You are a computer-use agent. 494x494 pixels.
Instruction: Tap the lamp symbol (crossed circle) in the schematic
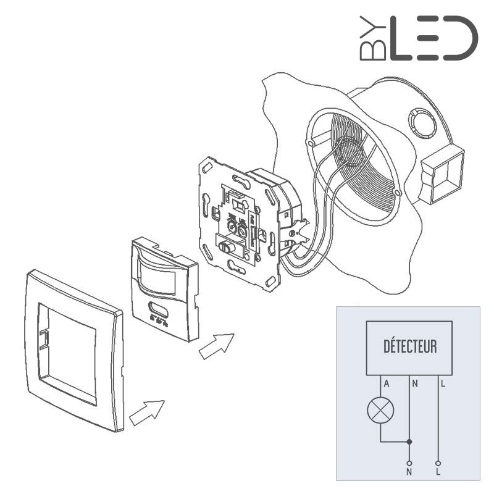pos(380,411)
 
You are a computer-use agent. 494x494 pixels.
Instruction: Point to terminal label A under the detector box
pos(386,384)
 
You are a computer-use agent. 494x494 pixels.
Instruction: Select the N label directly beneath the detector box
pos(415,384)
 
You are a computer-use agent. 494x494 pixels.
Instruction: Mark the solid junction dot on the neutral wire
pos(409,442)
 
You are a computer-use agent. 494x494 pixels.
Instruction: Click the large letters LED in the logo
pos(432,38)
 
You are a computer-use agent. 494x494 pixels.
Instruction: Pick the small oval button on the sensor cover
pos(159,310)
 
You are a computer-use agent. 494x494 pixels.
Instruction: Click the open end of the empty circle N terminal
pos(409,463)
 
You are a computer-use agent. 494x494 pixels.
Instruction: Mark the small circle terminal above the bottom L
pos(438,463)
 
